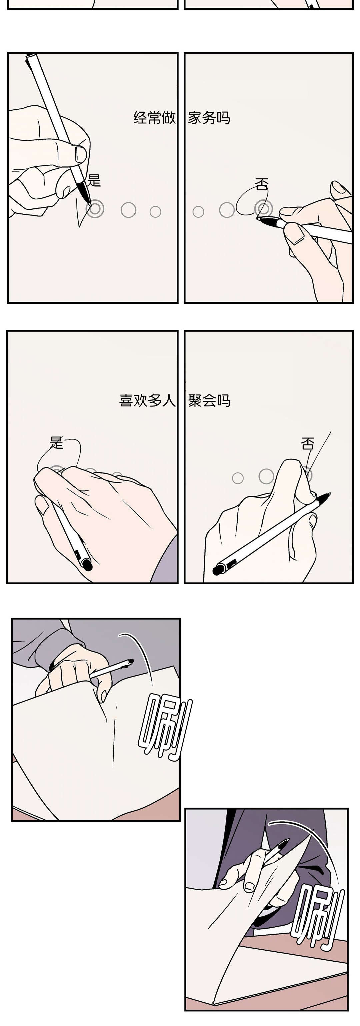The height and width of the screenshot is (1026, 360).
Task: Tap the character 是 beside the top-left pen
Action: [x=94, y=180]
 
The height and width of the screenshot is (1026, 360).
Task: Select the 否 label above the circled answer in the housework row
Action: [x=262, y=184]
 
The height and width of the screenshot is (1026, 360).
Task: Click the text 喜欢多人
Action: [x=147, y=400]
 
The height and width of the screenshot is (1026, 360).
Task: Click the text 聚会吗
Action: [x=209, y=400]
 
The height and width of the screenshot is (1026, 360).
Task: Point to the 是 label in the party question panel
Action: [x=57, y=442]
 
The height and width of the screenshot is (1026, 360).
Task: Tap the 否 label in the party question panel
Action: [x=307, y=443]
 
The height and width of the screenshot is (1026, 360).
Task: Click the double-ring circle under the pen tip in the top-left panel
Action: [x=95, y=209]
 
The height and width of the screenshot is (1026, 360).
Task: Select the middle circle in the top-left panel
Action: [x=128, y=209]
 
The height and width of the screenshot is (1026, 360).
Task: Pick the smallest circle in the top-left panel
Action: [x=155, y=211]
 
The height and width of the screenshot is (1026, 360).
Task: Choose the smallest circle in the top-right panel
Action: [x=198, y=211]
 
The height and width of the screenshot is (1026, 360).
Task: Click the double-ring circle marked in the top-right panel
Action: [x=264, y=208]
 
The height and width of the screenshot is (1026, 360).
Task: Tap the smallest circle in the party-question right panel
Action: [x=238, y=478]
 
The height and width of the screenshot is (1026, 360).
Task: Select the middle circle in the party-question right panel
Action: [x=266, y=476]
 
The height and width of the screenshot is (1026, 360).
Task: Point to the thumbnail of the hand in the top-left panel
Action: [x=80, y=154]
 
